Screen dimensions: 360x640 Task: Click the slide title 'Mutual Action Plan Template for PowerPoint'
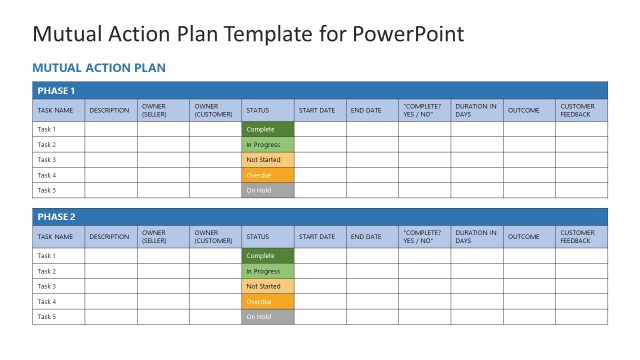pos(248,34)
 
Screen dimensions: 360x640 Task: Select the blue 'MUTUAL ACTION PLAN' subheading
pos(99,68)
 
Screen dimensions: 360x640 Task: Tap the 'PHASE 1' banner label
pos(56,91)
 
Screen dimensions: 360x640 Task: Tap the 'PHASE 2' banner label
pos(56,217)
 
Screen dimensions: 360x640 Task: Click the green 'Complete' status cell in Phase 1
pos(267,129)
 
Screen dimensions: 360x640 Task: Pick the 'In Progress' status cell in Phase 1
pos(267,145)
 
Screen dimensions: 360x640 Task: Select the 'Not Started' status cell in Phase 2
pos(267,286)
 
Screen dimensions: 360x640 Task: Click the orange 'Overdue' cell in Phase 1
pos(267,175)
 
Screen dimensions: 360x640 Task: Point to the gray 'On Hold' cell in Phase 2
pos(267,317)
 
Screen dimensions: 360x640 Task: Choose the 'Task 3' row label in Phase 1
pos(47,160)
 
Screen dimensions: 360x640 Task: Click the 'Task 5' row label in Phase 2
pos(47,317)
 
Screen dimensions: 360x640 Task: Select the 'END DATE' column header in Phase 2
pos(365,237)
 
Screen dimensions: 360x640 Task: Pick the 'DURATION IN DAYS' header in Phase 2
pos(475,237)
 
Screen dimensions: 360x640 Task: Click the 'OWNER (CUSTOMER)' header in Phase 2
pos(213,237)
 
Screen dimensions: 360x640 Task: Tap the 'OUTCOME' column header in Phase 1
pos(523,110)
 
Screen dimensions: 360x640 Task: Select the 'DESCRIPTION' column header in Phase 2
pos(109,237)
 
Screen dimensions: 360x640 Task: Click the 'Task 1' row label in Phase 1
pos(47,129)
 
